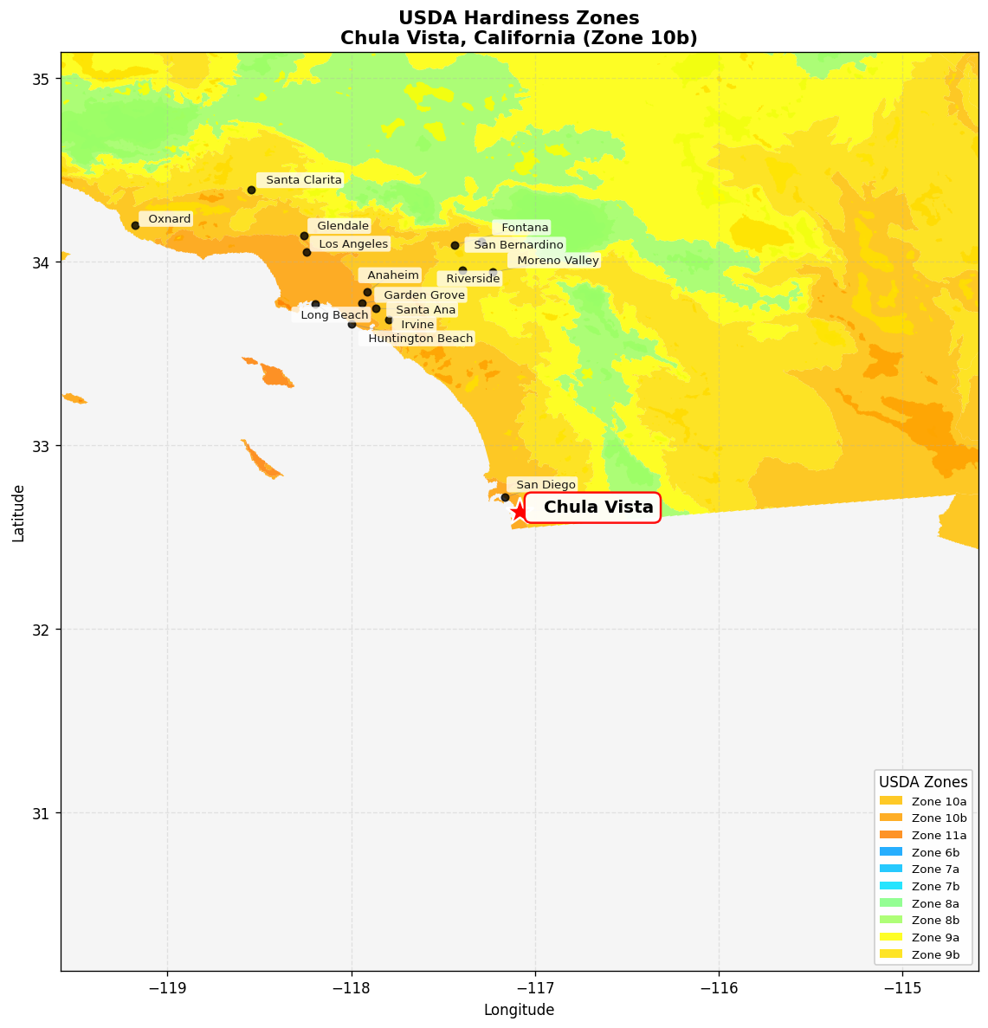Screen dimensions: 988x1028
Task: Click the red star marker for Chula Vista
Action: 519,511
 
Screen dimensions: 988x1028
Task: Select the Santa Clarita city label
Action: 303,180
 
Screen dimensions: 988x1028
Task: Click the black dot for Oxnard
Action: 135,225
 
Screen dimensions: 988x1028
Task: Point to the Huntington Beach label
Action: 420,339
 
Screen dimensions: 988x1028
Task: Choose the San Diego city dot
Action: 505,497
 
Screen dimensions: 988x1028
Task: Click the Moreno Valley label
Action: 557,261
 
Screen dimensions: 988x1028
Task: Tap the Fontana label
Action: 524,228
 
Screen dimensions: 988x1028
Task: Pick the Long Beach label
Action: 334,315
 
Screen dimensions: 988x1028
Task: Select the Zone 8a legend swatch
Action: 890,903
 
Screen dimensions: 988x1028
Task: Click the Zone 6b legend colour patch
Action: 890,852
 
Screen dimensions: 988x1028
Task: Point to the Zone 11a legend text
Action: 939,836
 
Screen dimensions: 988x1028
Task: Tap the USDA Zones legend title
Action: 923,782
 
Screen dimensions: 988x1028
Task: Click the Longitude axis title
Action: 519,1010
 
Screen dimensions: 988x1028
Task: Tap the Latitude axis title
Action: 18,513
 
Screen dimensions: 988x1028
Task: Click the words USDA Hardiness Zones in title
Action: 519,18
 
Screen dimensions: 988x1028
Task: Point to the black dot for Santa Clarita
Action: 251,190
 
